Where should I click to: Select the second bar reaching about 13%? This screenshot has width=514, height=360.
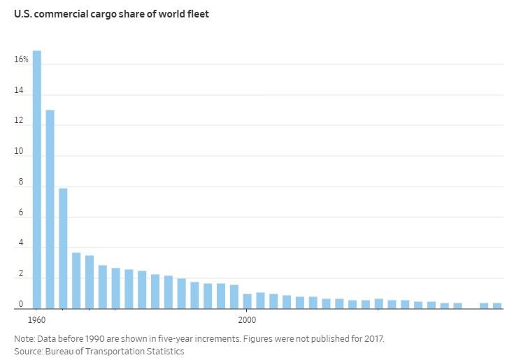coord(50,209)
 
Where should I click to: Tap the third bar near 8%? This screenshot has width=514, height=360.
coord(63,248)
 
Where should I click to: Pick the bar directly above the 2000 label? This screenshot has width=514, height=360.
coord(247,301)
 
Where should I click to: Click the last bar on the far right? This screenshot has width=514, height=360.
coord(497,305)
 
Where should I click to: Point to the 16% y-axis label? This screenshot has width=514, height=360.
coord(22,60)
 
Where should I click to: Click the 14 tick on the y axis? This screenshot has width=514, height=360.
coord(19,91)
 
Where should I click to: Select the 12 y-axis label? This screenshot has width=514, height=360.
coord(19,122)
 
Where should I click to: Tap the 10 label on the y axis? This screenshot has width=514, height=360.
coord(19,152)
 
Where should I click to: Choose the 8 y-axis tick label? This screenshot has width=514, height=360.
coord(21,182)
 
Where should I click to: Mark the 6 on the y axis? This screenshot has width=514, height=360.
coord(21,213)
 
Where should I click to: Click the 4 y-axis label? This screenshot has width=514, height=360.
coord(21,244)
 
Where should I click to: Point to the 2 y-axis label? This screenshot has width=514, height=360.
coord(21,275)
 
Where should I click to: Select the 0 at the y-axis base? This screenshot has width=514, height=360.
coord(21,305)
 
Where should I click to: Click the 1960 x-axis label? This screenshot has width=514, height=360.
coord(37,320)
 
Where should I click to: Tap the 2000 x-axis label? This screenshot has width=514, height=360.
coord(246,320)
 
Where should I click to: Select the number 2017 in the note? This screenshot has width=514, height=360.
coord(373,339)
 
